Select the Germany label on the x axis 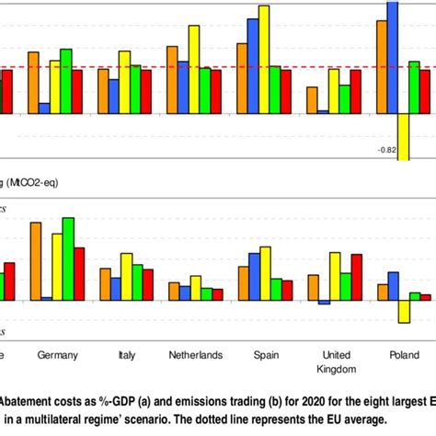(x=56, y=354)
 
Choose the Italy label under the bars (x=127, y=354)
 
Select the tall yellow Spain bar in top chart (x=264, y=59)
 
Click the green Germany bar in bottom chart (x=67, y=258)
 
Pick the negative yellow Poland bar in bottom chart (x=403, y=311)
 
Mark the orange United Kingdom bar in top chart (x=312, y=99)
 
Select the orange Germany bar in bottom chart (x=35, y=261)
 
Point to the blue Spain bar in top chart (x=253, y=65)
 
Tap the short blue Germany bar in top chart (x=44, y=108)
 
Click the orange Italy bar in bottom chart (x=105, y=284)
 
